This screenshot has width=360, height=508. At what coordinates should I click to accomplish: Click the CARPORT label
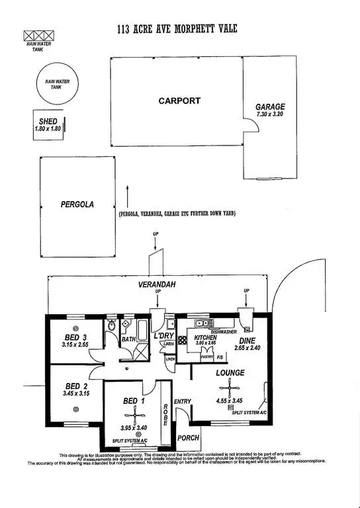179,101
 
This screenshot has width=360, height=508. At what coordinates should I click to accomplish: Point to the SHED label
47,121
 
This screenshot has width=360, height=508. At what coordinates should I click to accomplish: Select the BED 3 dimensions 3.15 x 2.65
74,344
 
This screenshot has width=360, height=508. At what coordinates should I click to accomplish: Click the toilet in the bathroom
112,326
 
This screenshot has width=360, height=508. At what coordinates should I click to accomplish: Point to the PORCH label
188,437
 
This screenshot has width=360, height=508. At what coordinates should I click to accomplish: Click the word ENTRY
182,402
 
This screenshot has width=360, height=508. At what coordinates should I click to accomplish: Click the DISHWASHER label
224,331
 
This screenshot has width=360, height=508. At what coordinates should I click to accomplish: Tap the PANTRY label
207,357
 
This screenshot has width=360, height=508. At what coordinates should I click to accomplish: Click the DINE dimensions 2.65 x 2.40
248,347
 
